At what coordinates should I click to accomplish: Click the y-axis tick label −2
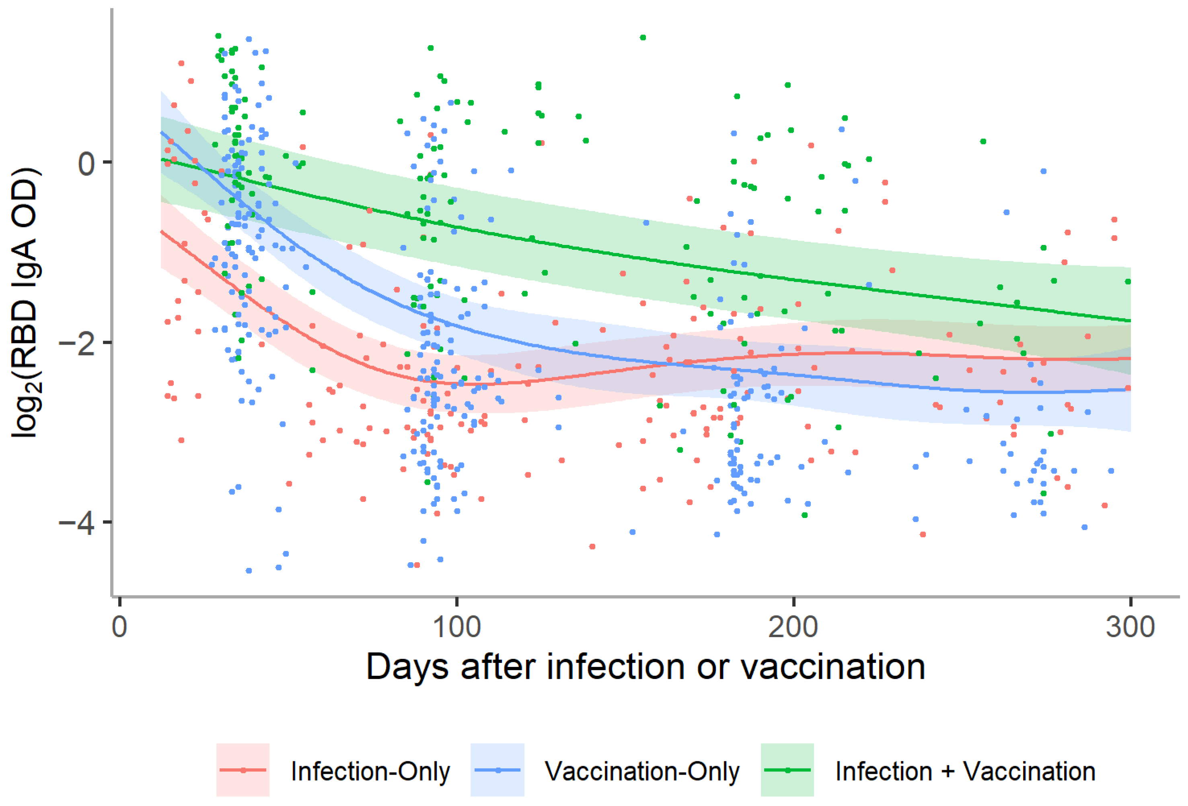click(77, 343)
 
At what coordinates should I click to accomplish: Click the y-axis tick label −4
click(77, 523)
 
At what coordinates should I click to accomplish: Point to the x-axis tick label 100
click(456, 627)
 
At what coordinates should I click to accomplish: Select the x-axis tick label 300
click(1130, 627)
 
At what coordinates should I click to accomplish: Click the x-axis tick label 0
click(119, 627)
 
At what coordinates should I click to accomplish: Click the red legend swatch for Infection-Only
click(243, 770)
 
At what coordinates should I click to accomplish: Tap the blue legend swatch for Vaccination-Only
click(497, 770)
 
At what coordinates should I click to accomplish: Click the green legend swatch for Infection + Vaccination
click(787, 770)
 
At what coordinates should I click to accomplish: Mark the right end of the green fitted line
click(1130, 321)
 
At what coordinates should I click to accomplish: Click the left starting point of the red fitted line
click(162, 232)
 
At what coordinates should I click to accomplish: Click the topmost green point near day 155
click(643, 37)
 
